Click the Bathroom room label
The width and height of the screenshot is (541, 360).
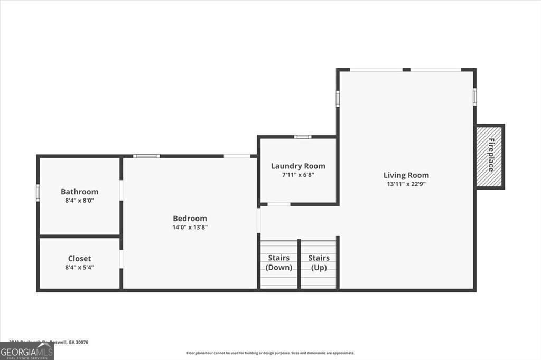pyautogui.click(x=79, y=192)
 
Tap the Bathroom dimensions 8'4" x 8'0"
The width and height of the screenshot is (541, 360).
pyautogui.click(x=79, y=201)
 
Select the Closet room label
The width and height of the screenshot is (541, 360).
pyautogui.click(x=79, y=259)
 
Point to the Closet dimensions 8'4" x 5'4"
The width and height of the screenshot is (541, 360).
pyautogui.click(x=79, y=268)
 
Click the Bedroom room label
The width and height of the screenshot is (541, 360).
pyautogui.click(x=190, y=219)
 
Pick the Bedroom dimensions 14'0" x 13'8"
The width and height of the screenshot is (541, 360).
pyautogui.click(x=190, y=228)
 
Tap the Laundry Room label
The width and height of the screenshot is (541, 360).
pyautogui.click(x=298, y=166)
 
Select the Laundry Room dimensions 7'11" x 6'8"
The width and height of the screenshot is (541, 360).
pyautogui.click(x=298, y=175)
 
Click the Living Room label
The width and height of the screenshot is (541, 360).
pyautogui.click(x=406, y=175)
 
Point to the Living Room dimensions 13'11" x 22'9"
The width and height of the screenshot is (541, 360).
pyautogui.click(x=406, y=184)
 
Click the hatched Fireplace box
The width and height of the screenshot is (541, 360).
pyautogui.click(x=490, y=156)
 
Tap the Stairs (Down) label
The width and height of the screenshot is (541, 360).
pyautogui.click(x=278, y=262)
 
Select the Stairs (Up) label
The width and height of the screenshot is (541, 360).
pyautogui.click(x=319, y=262)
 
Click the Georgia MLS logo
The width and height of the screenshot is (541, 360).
pyautogui.click(x=26, y=352)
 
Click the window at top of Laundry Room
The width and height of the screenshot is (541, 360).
pyautogui.click(x=303, y=137)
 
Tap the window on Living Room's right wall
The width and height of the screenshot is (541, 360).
pyautogui.click(x=474, y=97)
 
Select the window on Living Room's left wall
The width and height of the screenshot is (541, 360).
pyautogui.click(x=338, y=98)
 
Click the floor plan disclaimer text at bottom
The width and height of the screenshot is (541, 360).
pyautogui.click(x=270, y=353)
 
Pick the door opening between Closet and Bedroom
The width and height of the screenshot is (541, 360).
pyautogui.click(x=121, y=259)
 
